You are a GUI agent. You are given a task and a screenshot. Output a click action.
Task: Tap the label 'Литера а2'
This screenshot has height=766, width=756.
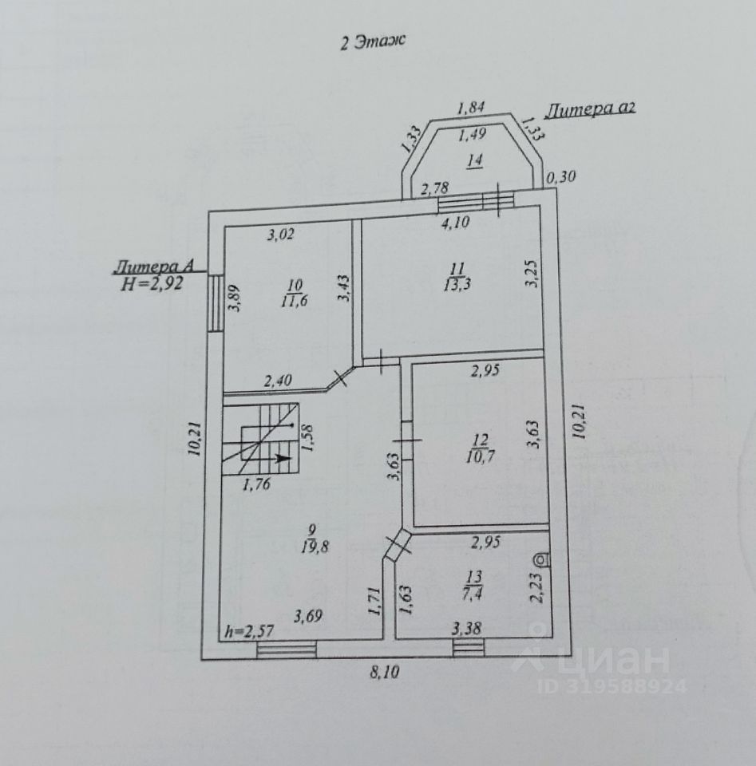click(591, 109)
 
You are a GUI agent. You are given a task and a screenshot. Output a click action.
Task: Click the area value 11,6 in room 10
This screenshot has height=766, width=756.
click(295, 300)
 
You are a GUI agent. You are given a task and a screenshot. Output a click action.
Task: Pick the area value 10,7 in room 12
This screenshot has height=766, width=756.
click(480, 457)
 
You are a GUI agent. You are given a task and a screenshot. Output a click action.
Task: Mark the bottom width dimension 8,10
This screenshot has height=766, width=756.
click(385, 672)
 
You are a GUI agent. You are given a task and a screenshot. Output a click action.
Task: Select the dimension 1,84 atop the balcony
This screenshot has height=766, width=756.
click(473, 107)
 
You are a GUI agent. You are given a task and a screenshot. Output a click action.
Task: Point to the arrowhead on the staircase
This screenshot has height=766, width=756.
click(281, 458)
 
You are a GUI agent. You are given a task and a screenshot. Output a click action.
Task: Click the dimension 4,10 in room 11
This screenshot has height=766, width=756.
click(456, 223)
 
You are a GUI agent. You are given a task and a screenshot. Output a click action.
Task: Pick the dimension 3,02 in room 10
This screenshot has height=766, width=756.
click(281, 235)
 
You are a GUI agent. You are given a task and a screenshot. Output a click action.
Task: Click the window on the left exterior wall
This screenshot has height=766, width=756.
click(215, 303)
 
